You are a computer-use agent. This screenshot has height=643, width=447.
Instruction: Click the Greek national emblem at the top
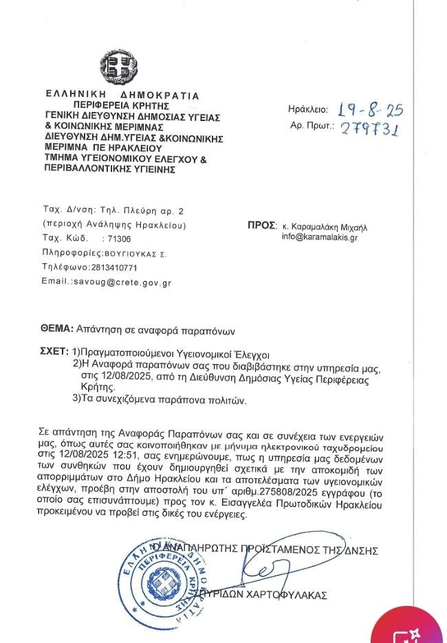[x=118, y=67]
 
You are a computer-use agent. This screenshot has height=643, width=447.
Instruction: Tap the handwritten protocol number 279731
[x=372, y=127]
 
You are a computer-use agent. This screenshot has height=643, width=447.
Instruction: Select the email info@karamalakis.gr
[x=319, y=237]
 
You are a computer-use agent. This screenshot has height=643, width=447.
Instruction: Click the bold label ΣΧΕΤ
[x=54, y=350]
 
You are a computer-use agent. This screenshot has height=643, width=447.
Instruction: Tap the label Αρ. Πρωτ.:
[x=312, y=126]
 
